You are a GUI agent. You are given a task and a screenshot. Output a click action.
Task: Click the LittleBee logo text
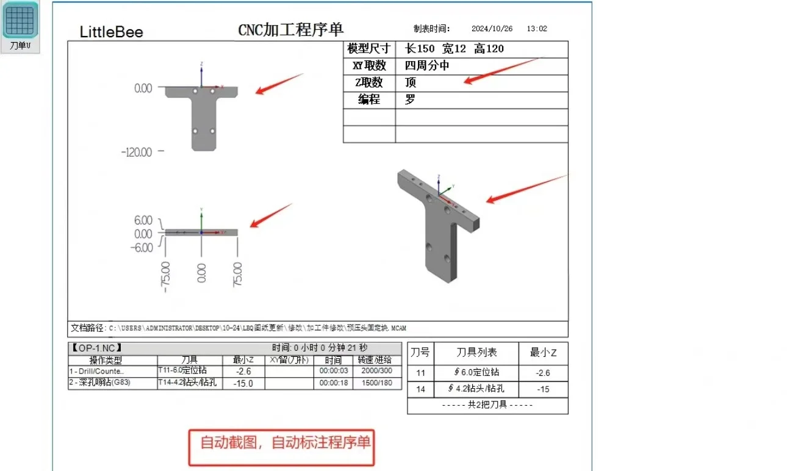pos(112,32)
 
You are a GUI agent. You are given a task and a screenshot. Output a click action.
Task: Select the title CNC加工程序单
pos(291,29)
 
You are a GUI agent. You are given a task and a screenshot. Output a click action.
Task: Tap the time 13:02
pos(536,29)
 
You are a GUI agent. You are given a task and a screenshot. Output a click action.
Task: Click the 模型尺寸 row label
pos(369,49)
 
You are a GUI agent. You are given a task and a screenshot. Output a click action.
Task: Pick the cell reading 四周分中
pos(427,66)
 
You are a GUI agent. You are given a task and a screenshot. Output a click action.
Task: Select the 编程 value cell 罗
pos(410,100)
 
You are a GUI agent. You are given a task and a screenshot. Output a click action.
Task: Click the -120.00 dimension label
pos(138,152)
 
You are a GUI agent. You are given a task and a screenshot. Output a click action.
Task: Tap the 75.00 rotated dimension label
pos(237,275)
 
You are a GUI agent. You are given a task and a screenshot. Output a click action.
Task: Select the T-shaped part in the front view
pos(202,116)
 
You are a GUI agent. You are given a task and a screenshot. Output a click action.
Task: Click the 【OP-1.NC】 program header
pos(97,348)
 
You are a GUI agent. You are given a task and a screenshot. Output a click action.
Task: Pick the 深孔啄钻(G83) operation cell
pos(100,383)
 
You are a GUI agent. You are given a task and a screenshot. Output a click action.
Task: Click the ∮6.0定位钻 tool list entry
pos(476,372)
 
